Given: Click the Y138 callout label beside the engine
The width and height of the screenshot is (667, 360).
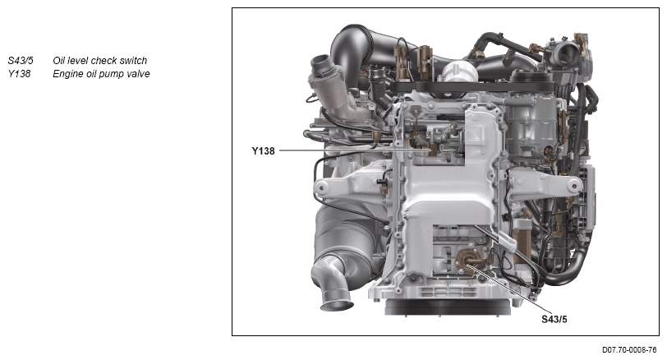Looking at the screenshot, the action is (x=263, y=151).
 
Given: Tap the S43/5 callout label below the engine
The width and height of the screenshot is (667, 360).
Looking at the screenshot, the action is (x=554, y=319).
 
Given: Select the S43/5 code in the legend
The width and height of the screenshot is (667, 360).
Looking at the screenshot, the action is (x=21, y=61).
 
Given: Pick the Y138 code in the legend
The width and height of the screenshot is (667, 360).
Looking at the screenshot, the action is (x=19, y=74).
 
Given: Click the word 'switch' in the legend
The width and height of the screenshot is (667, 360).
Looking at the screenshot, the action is (x=133, y=61).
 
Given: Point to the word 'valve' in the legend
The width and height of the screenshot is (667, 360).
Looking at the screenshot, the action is (x=138, y=74).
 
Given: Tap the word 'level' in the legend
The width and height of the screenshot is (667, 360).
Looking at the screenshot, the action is (x=77, y=61).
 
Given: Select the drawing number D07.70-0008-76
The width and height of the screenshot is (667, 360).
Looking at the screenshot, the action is (x=629, y=350).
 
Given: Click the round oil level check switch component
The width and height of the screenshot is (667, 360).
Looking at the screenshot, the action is (x=467, y=261).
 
